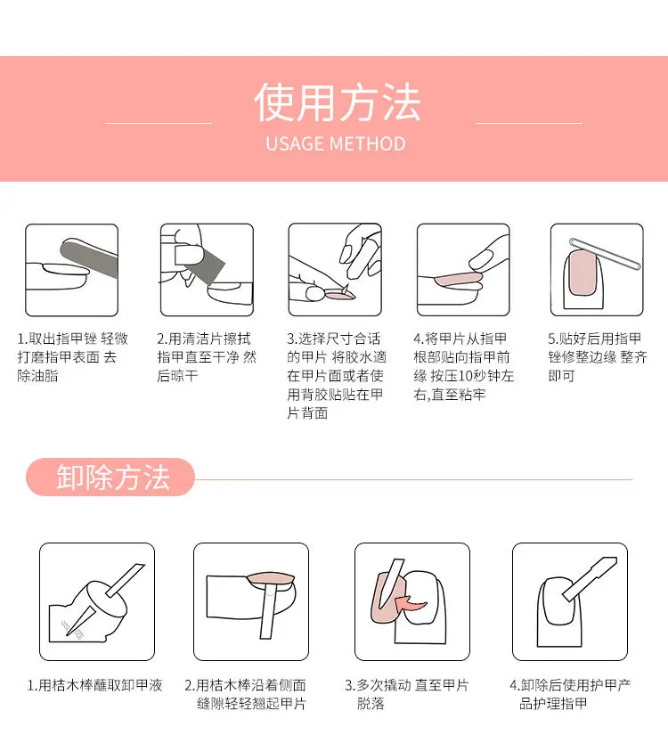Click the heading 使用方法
pos(336,102)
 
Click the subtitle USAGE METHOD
pos(335,144)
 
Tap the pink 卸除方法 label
pos(111,478)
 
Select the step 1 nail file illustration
pos(71,270)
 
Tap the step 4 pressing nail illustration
pos(463,270)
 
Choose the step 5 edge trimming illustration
pos(596,270)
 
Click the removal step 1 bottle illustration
pos(97,601)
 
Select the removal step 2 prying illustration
pos(251,601)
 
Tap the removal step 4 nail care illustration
pos(570,601)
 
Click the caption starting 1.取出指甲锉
pos(72,357)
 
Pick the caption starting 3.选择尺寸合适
pos(335,375)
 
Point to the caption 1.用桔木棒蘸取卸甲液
pos(94,685)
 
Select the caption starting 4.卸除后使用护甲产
pos(570,694)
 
